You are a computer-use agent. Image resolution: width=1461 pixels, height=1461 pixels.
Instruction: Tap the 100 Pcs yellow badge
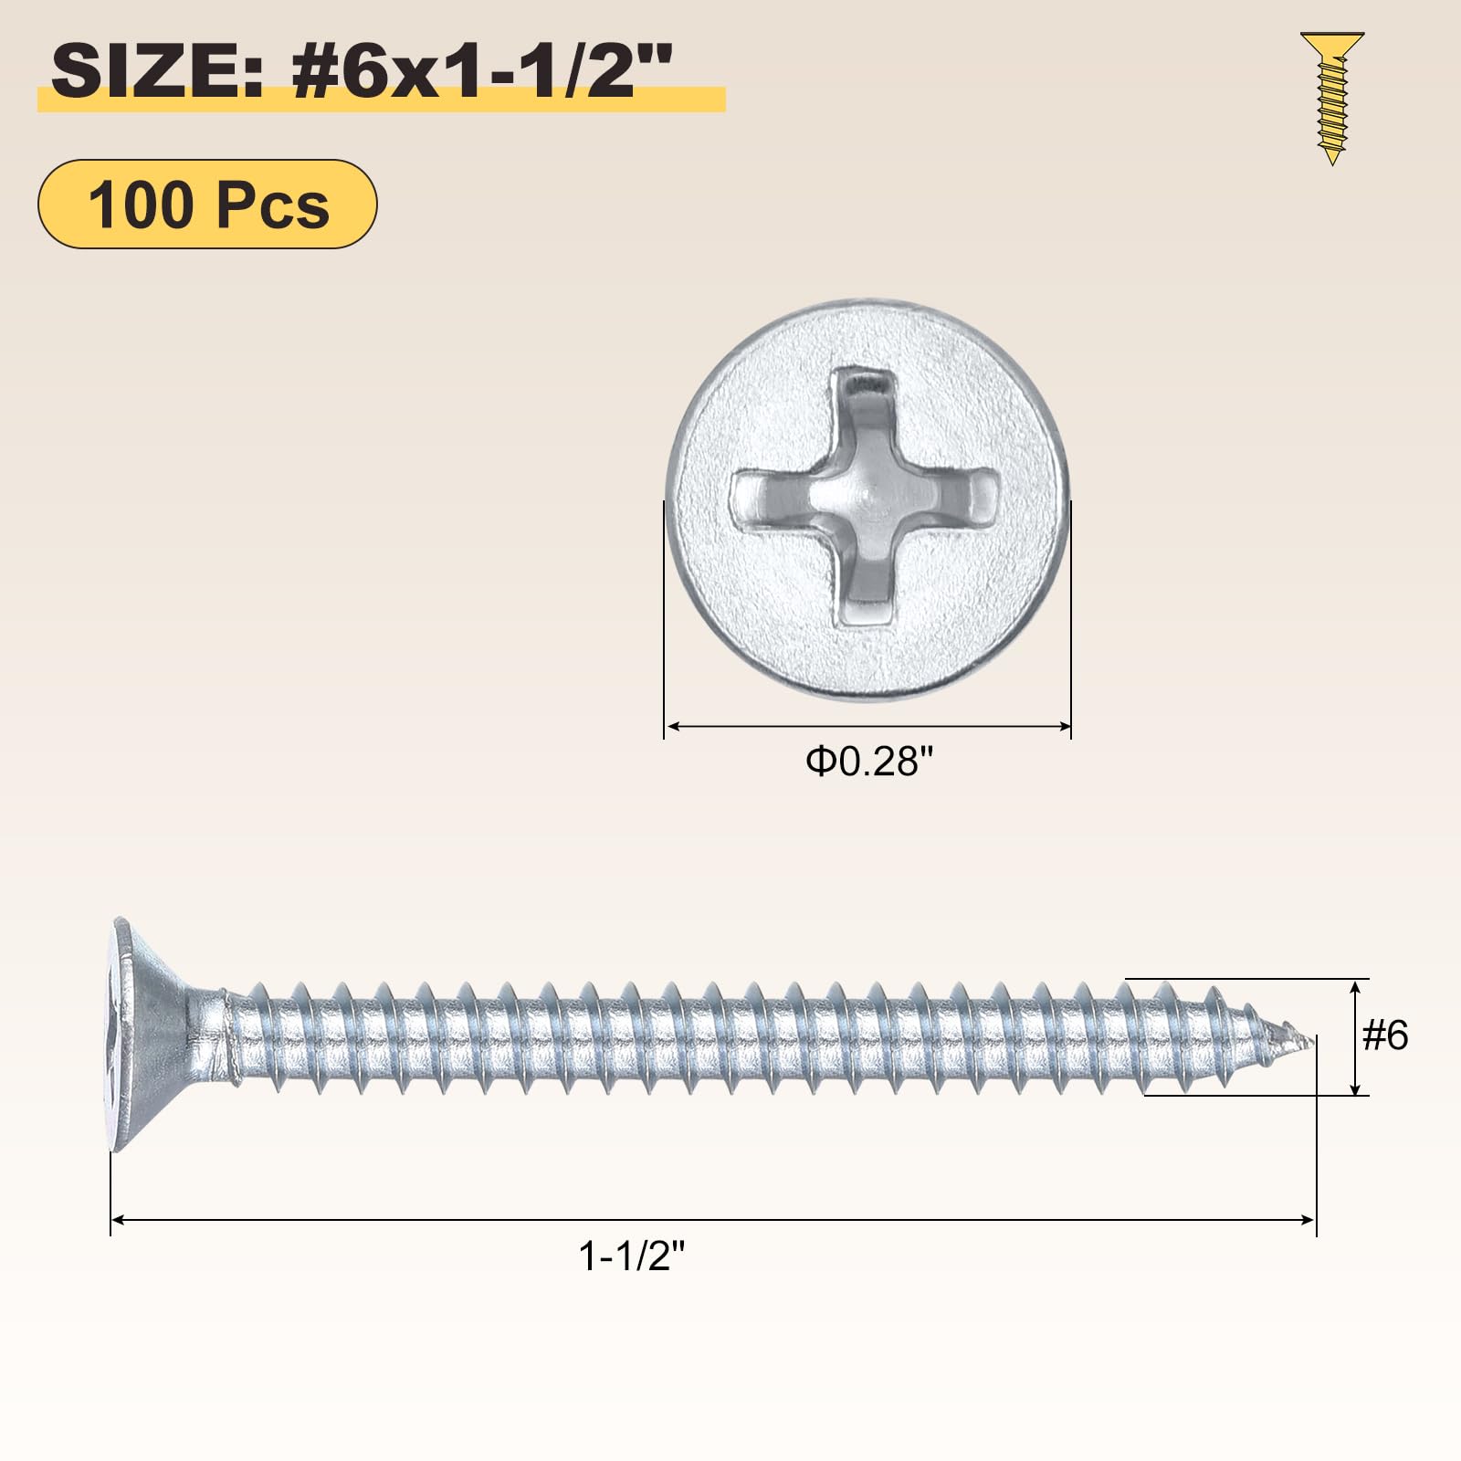tap(207, 204)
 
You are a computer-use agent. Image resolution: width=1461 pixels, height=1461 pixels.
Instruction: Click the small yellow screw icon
tap(1332, 99)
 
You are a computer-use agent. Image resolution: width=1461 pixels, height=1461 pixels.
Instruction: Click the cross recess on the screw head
tap(866, 497)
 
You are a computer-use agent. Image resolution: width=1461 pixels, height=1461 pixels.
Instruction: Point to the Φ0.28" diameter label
tap(869, 761)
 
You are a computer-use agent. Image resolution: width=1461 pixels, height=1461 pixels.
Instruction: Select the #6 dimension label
tap(1385, 1035)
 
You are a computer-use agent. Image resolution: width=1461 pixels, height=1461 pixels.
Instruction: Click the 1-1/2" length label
tap(632, 1256)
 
